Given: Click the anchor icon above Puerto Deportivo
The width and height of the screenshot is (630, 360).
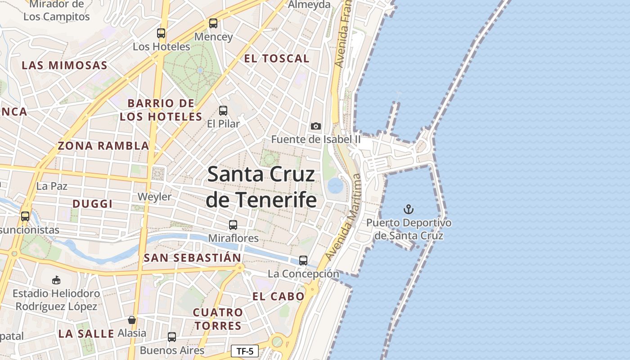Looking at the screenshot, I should (409, 209).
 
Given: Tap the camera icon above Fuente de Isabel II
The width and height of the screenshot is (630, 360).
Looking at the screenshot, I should (316, 126).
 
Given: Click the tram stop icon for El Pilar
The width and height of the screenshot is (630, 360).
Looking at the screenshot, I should (223, 111).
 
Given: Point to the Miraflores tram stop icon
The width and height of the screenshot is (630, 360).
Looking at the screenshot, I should (233, 225).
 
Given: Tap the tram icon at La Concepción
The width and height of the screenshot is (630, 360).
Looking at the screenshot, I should (303, 261).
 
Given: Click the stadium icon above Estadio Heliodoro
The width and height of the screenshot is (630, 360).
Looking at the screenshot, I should (56, 280).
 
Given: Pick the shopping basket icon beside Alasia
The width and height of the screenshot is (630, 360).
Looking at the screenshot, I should (132, 320).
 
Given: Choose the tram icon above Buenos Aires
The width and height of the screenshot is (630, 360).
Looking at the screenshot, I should (172, 337).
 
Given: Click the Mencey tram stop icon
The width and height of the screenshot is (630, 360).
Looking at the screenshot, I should (213, 23).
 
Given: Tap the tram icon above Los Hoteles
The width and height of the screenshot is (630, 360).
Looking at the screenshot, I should (161, 33).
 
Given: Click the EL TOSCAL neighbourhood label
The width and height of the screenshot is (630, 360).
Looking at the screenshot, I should (277, 58).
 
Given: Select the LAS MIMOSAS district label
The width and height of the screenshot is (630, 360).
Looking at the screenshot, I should (65, 66).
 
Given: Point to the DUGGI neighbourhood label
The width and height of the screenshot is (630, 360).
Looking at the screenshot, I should (93, 204).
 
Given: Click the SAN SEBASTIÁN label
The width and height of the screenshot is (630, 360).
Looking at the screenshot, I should (193, 258).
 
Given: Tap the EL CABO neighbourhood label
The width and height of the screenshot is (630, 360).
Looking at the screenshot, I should (279, 297).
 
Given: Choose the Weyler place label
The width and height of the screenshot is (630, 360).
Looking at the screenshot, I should (154, 197).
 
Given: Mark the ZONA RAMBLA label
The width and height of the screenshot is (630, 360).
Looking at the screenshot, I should (103, 146).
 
